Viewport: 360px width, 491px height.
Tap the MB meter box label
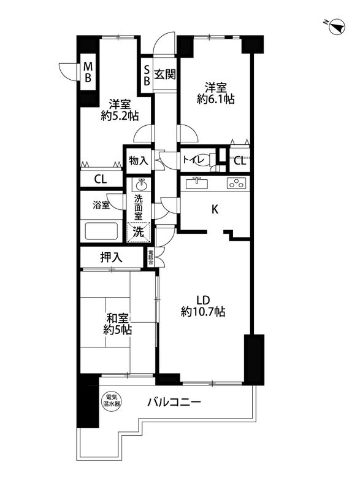[88, 72]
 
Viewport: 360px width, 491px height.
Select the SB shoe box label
[147, 74]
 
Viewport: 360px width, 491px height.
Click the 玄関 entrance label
[165, 75]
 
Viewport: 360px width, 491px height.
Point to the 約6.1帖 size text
[212, 98]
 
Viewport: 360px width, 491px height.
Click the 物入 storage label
[138, 161]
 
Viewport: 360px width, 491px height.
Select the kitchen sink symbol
[197, 183]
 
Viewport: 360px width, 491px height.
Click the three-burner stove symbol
[236, 183]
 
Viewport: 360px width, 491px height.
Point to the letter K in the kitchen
[215, 209]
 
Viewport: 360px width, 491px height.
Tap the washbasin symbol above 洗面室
[140, 185]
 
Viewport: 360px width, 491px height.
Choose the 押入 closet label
[111, 258]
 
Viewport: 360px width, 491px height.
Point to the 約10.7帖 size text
[203, 312]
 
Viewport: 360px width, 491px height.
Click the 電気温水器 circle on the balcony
[111, 400]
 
